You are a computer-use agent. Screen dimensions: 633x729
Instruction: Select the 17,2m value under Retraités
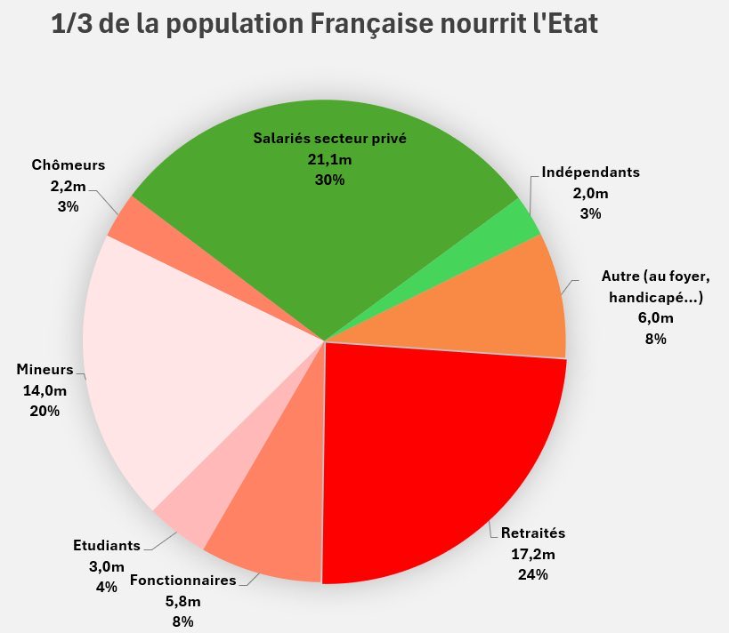tap(532, 555)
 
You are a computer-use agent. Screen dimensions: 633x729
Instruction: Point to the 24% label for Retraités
tap(532, 574)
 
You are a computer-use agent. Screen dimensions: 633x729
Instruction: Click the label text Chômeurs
tap(69, 165)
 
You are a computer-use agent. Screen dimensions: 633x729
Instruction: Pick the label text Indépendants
tap(590, 172)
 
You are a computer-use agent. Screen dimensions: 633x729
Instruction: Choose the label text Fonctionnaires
tap(183, 581)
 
